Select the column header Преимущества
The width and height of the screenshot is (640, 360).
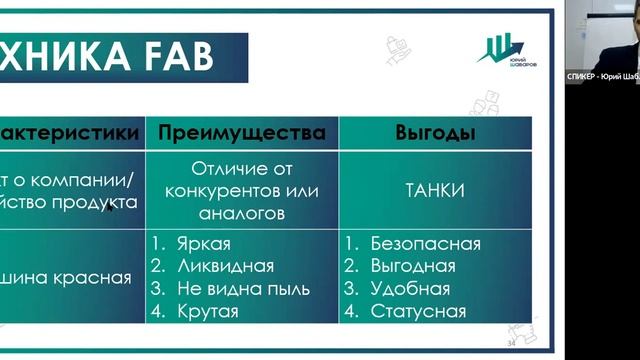tap(241, 133)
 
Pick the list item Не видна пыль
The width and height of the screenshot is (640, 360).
tap(240, 289)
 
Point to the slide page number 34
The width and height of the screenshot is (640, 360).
tap(512, 343)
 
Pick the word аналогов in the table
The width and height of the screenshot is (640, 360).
tap(241, 212)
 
